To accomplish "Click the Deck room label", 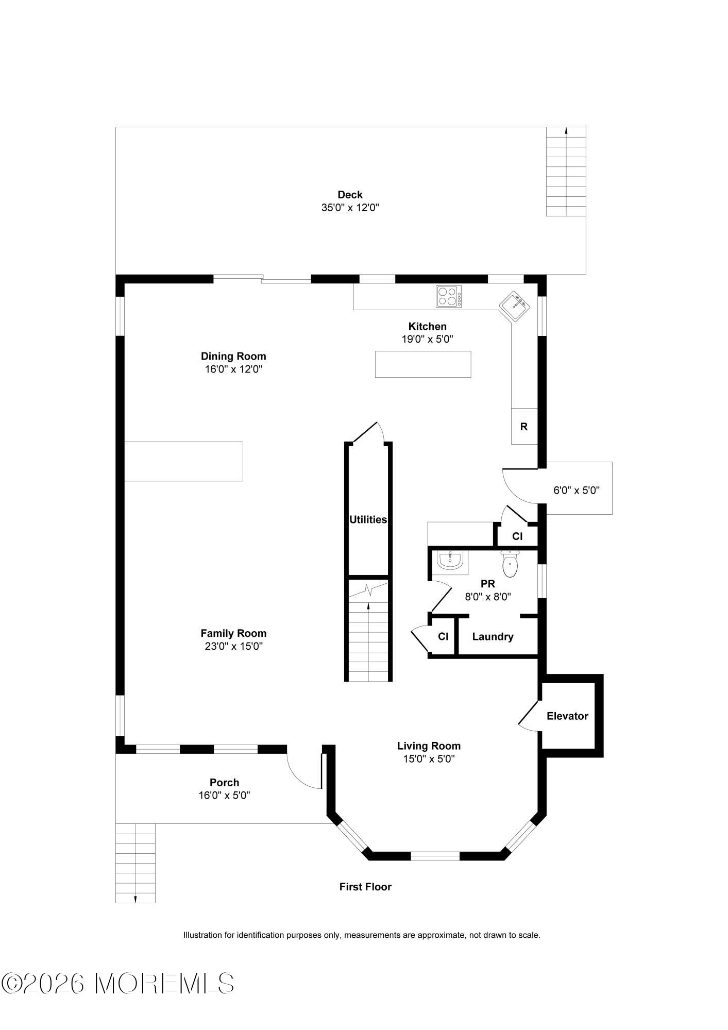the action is pos(350,195).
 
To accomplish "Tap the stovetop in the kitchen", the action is pos(449,297).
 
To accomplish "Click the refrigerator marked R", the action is pos(524,426).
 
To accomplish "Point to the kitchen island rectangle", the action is pos(423,364).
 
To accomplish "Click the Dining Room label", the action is pos(233,356).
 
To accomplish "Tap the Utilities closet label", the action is pos(368,519).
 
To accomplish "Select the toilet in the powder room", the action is pos(510,564).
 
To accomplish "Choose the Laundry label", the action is pos(493,637).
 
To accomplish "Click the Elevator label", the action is pos(567,716).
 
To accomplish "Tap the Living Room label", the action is pos(429,746).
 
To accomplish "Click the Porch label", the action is pos(224,783).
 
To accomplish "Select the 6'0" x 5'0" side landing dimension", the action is pos(577,490).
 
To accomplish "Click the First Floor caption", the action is pos(365,887).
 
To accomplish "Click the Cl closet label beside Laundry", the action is pos(443,637).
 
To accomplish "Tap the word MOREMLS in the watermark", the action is pos(165,984).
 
